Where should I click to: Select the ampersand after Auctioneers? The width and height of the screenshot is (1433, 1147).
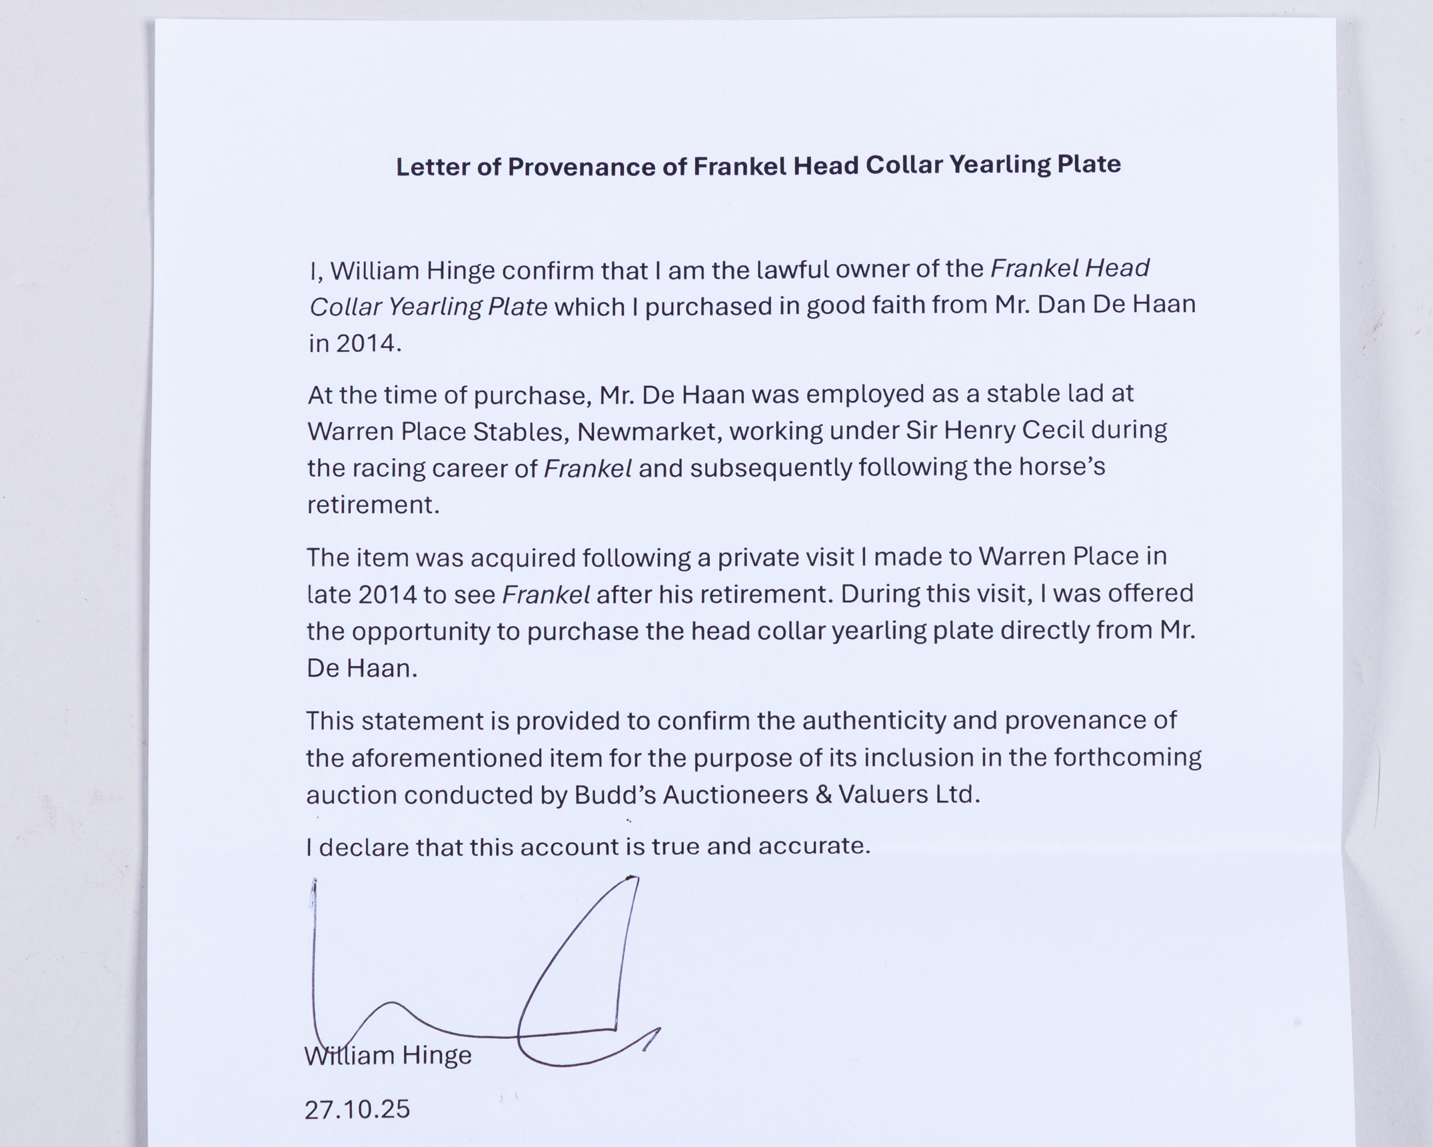click(823, 795)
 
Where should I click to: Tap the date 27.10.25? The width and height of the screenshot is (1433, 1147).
click(357, 1110)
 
